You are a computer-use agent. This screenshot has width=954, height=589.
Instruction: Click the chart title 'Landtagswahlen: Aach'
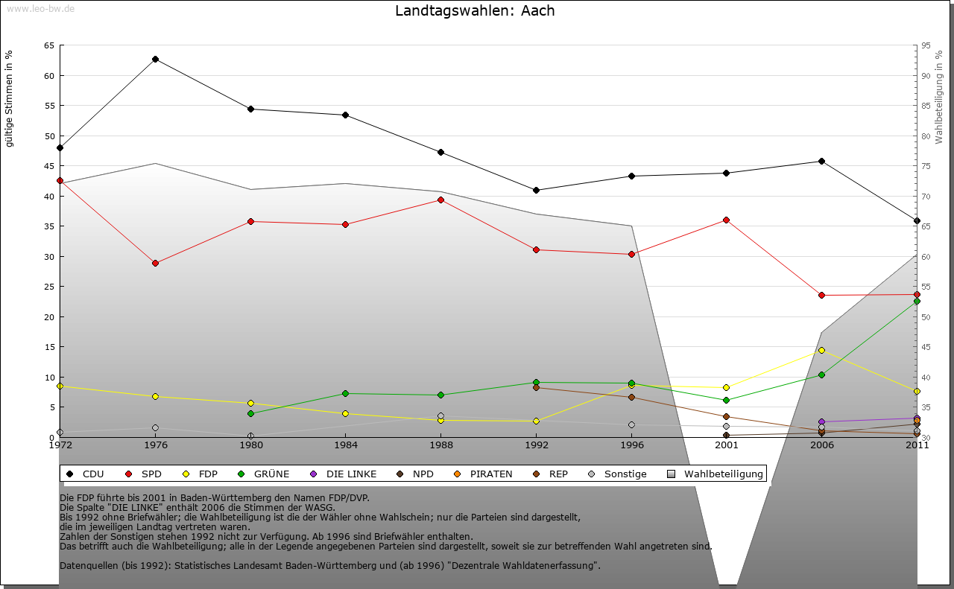point(475,10)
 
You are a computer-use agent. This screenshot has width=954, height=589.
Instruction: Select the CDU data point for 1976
point(155,59)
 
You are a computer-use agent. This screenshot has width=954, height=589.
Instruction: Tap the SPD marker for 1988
point(440,200)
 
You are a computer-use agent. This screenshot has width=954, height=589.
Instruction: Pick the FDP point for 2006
point(821,350)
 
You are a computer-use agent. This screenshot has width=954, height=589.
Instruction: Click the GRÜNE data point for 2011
point(917,301)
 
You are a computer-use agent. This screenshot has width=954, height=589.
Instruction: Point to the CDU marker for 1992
point(536,190)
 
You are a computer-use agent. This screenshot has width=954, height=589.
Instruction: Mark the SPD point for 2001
point(726,220)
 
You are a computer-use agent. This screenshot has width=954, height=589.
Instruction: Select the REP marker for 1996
point(631,397)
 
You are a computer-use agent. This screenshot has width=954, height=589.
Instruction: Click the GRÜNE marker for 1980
point(250,413)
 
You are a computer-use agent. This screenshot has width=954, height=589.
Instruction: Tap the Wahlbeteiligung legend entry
point(715,474)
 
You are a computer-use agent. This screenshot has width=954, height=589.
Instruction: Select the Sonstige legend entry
point(618,474)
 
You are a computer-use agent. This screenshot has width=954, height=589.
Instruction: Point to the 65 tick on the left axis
point(48,45)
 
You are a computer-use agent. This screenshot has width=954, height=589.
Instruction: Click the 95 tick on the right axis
point(926,45)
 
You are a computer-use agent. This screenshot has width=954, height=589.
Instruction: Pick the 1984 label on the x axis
point(346,446)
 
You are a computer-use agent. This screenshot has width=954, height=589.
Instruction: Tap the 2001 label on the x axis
point(726,446)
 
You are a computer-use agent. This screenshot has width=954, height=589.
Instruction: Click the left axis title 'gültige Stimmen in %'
point(9,99)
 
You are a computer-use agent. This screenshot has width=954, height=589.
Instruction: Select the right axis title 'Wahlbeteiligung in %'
point(939,97)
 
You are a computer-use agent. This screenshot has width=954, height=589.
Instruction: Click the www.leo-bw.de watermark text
point(40,8)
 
